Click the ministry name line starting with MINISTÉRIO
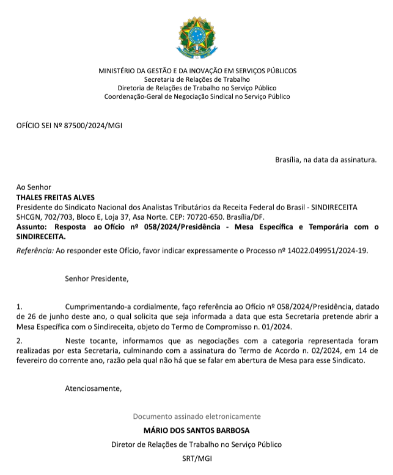coord(197,71)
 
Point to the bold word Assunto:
coord(32,227)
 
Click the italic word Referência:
coord(35,250)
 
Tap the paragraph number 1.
coord(19,306)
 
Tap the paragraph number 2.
coord(19,341)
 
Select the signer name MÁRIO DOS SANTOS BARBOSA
coord(196,430)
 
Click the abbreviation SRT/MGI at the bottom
coord(196,457)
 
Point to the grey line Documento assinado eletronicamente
coord(196,416)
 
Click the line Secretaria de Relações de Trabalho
coord(197,79)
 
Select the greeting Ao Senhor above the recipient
coord(34,188)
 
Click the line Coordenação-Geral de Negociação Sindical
coord(197,96)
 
